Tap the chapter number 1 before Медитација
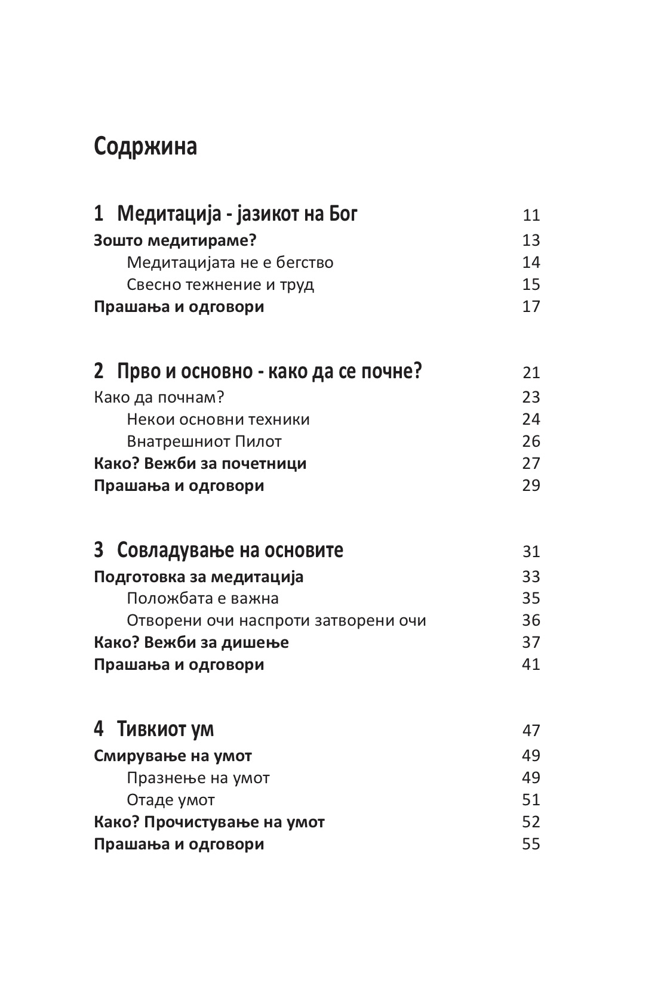99,214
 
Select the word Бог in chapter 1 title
343,214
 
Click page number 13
530,240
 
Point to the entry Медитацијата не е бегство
230,262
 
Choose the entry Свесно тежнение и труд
220,285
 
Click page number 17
530,307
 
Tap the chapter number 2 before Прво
99,372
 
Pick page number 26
530,441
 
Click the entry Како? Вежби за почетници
200,463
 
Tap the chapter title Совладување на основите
230,550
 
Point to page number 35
530,598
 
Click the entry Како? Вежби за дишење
191,642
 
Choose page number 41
530,664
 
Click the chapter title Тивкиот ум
165,729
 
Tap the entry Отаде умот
171,800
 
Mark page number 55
530,844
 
